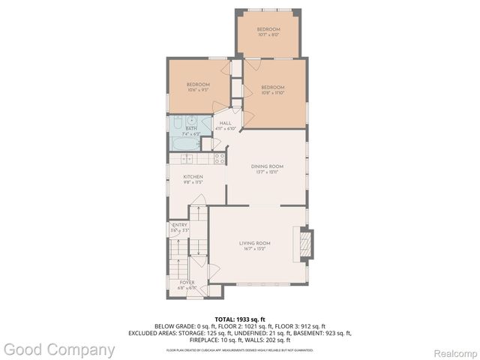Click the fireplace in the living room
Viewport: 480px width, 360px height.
click(x=304, y=244)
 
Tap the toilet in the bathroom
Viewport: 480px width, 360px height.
click(x=176, y=124)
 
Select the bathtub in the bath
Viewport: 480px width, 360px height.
click(x=184, y=143)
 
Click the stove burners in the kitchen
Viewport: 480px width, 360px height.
click(x=220, y=158)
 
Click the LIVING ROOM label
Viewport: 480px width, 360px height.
click(x=255, y=243)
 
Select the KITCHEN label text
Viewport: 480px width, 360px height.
click(x=193, y=177)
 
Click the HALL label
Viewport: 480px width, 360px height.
click(x=225, y=123)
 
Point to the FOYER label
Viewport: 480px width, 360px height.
click(x=187, y=282)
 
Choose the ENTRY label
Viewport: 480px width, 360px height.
click(x=180, y=225)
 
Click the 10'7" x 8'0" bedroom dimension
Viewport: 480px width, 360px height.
click(x=268, y=34)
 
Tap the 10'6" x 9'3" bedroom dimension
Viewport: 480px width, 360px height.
click(x=197, y=89)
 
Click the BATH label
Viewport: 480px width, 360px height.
click(x=191, y=129)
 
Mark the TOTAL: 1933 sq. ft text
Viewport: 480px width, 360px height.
click(x=240, y=319)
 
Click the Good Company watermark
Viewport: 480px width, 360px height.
click(x=59, y=349)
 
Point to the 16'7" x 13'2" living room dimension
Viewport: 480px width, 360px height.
click(x=255, y=249)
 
